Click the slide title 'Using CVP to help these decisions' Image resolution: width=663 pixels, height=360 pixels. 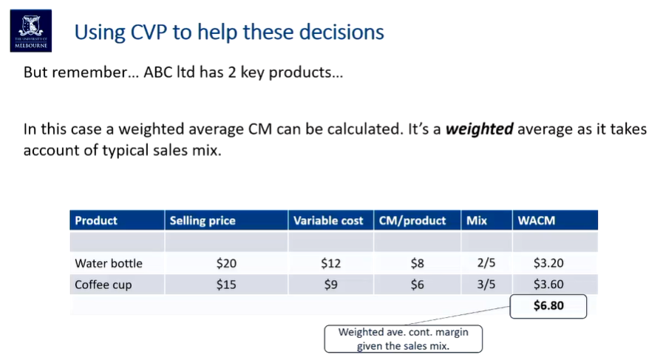click(229, 33)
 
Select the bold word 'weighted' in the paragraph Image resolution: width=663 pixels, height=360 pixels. click(480, 129)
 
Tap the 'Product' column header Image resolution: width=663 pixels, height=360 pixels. click(96, 220)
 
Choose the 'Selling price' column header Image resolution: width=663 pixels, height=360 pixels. click(203, 220)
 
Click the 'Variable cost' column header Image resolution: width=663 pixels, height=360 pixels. click(328, 220)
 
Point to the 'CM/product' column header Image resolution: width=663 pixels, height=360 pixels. click(412, 220)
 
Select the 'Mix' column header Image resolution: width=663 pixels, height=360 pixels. click(477, 220)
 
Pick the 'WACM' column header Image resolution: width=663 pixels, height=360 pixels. click(537, 220)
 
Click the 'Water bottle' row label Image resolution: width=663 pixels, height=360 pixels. click(109, 263)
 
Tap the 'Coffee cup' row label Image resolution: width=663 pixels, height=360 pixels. click(103, 285)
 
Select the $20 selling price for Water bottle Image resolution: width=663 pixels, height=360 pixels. click(226, 263)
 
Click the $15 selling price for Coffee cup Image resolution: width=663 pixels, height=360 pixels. click(226, 285)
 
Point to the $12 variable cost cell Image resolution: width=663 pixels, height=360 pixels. click(330, 263)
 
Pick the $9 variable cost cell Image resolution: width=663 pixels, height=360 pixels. click(330, 285)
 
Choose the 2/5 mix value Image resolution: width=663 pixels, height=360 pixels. click(486, 263)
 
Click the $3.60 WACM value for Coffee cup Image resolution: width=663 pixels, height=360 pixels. click(548, 285)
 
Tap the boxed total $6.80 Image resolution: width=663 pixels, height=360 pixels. click(548, 305)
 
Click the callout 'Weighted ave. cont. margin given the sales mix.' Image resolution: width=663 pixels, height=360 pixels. click(403, 339)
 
